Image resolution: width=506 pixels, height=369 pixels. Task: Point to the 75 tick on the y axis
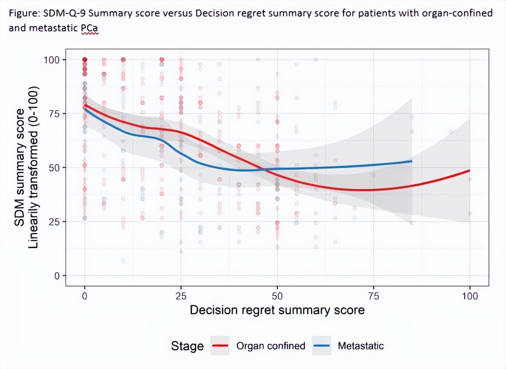[55, 113]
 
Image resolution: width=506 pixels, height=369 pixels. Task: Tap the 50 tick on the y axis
[55, 167]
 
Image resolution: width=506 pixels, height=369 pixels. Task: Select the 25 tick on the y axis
[55, 222]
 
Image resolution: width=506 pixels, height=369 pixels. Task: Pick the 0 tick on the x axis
[84, 296]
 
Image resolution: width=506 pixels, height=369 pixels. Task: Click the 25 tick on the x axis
[181, 296]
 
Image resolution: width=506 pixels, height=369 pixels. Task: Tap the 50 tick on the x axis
[277, 296]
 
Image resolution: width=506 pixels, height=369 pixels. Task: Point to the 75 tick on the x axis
[374, 296]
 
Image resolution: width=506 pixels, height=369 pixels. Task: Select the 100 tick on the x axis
[470, 296]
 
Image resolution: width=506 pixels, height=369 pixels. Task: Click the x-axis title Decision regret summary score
[277, 311]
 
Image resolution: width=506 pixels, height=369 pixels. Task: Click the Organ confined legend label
[270, 346]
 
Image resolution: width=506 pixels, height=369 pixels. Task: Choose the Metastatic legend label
[361, 346]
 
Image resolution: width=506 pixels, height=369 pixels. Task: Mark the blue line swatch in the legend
[323, 346]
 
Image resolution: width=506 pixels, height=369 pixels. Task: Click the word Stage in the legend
[187, 346]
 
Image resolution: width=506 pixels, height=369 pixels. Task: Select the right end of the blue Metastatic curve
[412, 161]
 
